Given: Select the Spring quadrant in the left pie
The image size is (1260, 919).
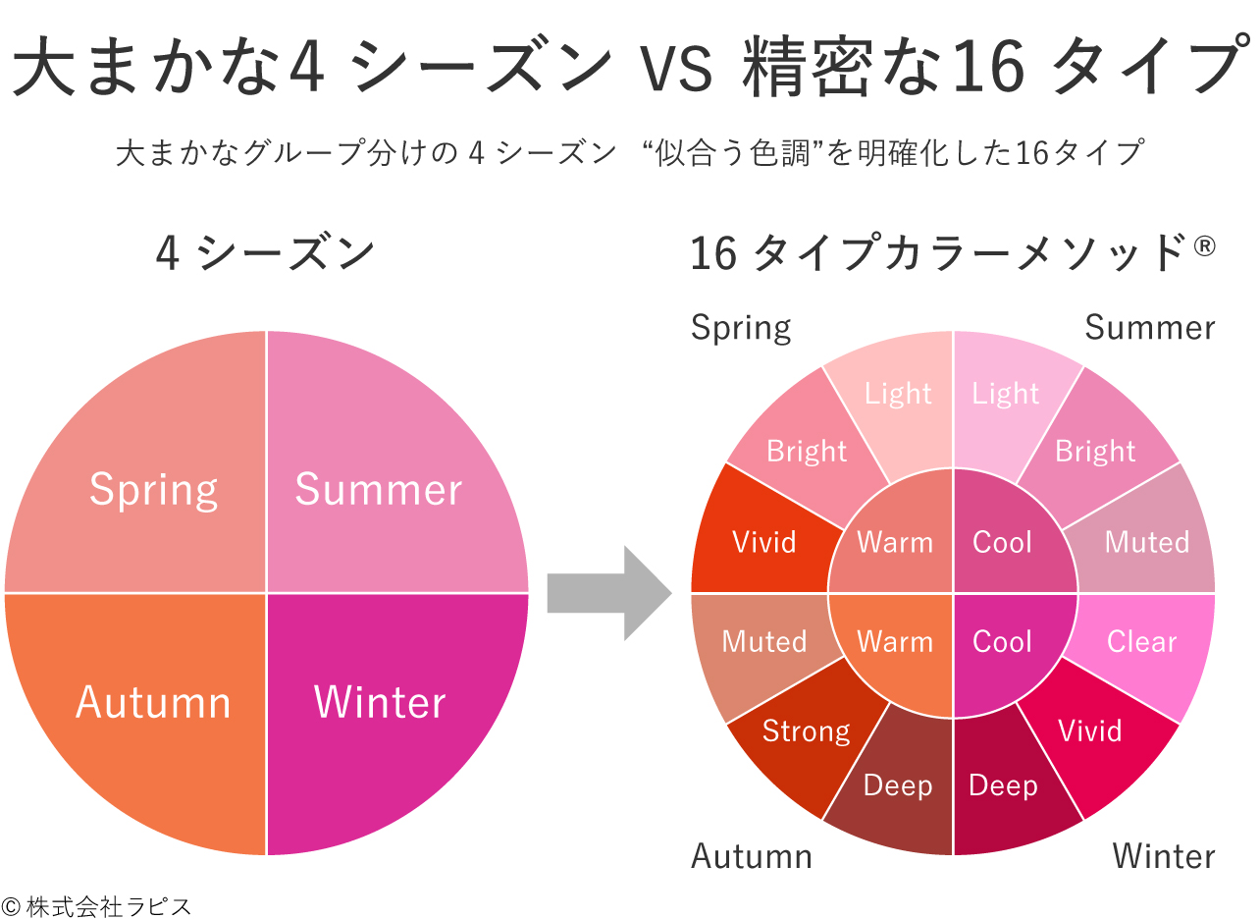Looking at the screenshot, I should click(154, 489).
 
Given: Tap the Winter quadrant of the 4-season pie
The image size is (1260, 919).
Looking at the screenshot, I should click(381, 702).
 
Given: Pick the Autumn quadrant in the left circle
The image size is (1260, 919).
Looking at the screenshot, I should click(154, 702).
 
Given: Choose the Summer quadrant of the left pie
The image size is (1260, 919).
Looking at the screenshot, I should click(379, 489).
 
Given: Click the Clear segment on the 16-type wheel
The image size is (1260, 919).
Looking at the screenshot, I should click(1142, 642).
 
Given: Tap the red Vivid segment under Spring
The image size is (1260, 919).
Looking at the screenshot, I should click(763, 541).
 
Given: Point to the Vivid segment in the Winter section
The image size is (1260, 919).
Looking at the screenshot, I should click(1090, 731).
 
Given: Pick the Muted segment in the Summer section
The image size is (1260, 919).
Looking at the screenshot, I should click(1146, 541).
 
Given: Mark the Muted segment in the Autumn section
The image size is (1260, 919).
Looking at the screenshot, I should click(763, 642).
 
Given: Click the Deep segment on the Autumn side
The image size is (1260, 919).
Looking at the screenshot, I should click(897, 786).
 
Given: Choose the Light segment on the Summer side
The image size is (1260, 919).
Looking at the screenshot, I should click(1005, 394).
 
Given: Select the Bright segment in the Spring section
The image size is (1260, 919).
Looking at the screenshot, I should click(806, 451).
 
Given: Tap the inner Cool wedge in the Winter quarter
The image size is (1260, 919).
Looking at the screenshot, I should click(1003, 642).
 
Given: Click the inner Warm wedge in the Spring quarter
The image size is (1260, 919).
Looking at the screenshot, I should click(894, 541).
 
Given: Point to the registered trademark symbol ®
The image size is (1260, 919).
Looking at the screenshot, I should click(1205, 244).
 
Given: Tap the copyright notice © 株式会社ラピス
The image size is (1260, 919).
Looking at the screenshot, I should click(96, 905).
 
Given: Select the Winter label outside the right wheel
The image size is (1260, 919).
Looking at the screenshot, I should click(1163, 856).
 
